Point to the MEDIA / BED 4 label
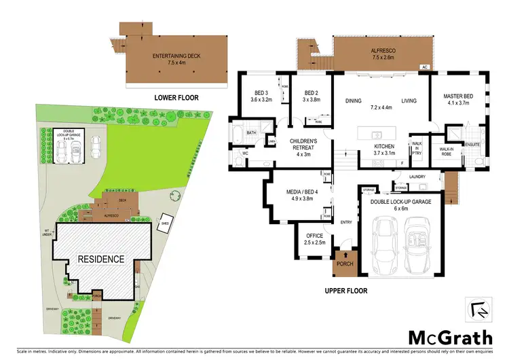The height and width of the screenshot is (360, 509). [x=294, y=196]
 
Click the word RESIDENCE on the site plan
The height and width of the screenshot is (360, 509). [x=100, y=259]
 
